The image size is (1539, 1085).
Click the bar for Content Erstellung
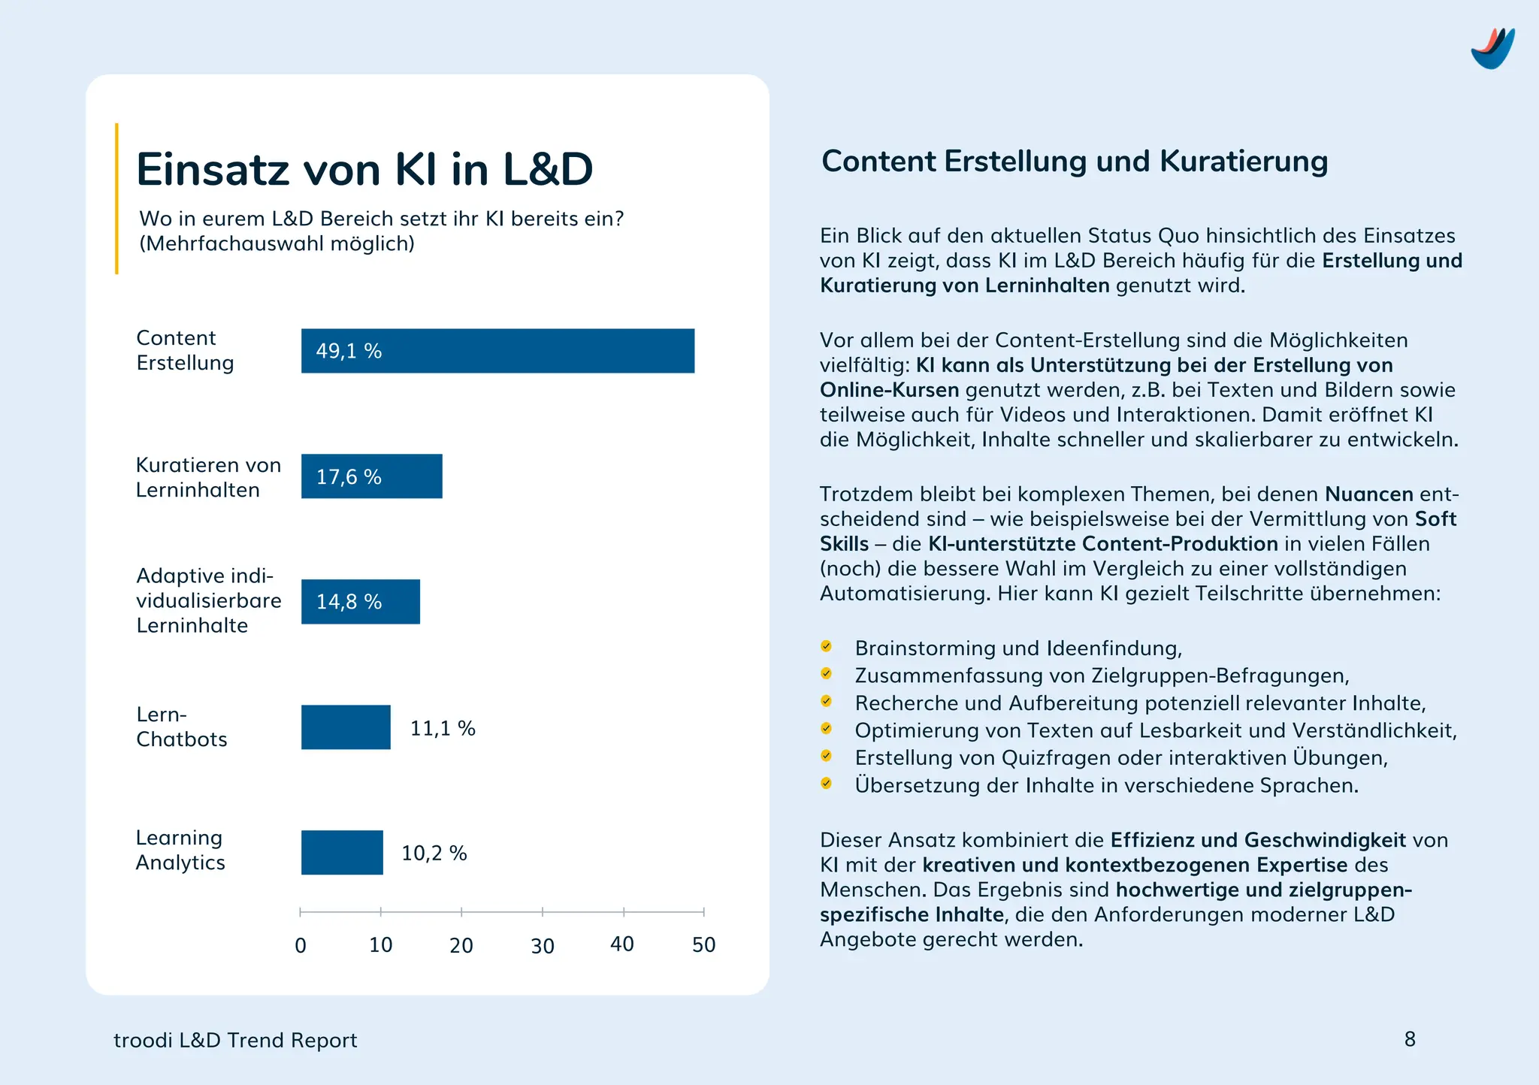click(497, 351)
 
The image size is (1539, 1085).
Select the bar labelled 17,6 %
click(371, 476)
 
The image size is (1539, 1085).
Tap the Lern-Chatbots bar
click(346, 727)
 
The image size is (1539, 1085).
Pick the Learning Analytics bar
click(342, 853)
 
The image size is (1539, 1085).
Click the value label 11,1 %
click(443, 728)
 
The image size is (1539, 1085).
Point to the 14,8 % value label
click(349, 602)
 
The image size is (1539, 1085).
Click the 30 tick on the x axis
click(543, 945)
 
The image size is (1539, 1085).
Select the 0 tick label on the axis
click(301, 945)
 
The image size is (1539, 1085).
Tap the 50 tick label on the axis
click(703, 944)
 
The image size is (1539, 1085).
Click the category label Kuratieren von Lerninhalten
click(208, 477)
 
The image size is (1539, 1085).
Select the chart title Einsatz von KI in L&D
click(364, 169)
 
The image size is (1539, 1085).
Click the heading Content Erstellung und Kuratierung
click(1075, 162)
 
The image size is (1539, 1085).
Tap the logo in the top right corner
click(1492, 49)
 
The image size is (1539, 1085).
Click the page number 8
click(1410, 1039)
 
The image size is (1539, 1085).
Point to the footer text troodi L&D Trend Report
click(235, 1041)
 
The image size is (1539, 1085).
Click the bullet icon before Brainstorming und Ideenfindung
click(826, 646)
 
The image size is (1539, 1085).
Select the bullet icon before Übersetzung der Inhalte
click(826, 784)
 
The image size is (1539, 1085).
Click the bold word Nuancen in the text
click(1368, 494)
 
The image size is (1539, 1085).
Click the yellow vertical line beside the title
click(116, 198)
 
